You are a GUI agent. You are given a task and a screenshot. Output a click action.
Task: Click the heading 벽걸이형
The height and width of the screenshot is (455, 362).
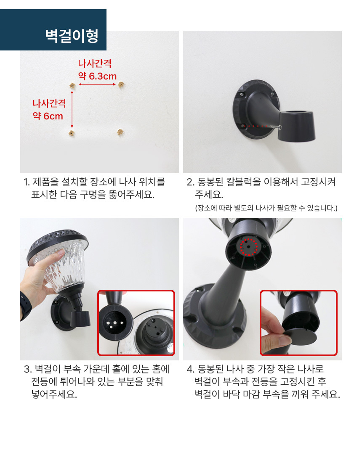click(72, 36)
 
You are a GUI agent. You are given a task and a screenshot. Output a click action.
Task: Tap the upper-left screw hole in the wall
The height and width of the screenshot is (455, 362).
click(72, 86)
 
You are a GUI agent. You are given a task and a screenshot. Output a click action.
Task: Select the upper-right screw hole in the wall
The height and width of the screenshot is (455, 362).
click(121, 85)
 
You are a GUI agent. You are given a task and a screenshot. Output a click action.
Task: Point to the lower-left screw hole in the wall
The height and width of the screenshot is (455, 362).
click(72, 133)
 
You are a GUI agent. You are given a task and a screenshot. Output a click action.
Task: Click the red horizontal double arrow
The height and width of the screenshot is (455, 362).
click(97, 85)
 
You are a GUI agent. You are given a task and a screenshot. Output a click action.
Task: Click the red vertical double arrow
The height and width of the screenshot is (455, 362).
click(72, 109)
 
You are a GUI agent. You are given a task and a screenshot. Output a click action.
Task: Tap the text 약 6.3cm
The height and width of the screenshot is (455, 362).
click(97, 76)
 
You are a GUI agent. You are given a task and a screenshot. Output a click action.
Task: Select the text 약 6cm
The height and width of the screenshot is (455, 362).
click(48, 116)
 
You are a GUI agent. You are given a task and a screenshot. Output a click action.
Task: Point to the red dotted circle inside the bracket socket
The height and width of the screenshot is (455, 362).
click(249, 247)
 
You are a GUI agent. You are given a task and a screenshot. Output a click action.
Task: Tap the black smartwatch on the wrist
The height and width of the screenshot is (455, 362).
click(26, 307)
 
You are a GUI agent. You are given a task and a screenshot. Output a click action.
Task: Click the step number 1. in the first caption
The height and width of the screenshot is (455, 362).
click(27, 182)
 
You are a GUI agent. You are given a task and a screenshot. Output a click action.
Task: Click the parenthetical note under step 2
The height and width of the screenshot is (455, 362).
click(266, 208)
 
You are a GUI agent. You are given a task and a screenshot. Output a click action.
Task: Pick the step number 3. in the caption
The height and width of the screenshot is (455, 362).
click(28, 369)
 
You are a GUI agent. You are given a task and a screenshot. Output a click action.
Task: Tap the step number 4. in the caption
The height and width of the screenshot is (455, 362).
click(191, 369)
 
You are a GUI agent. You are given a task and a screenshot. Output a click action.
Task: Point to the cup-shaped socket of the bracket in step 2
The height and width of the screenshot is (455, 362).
click(296, 125)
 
